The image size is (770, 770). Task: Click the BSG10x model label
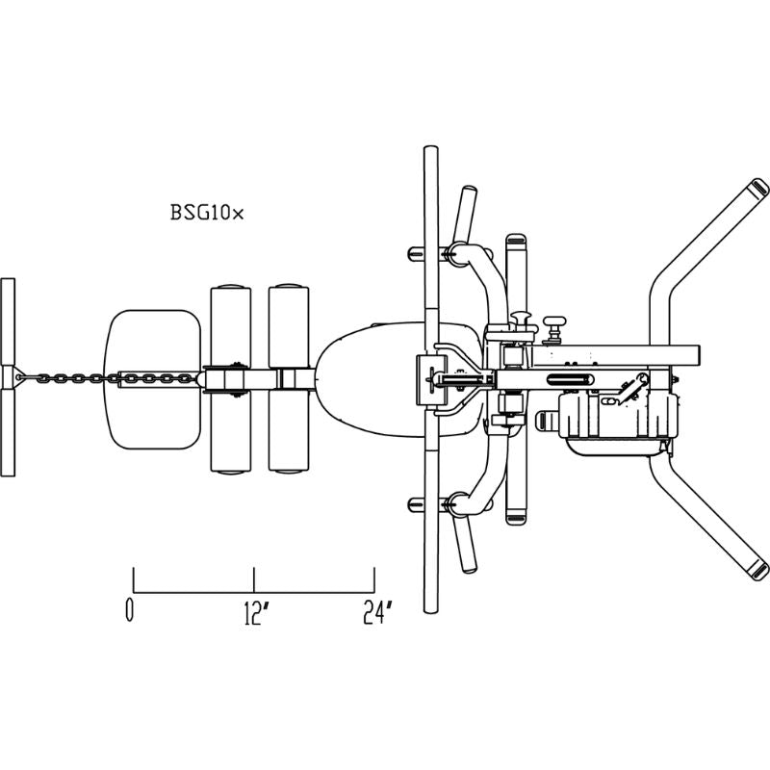click(207, 212)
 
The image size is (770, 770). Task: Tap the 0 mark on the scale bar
click(129, 609)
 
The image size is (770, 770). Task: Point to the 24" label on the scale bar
click(378, 612)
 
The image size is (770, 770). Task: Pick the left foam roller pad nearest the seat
click(231, 379)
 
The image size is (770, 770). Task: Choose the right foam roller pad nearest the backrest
click(289, 378)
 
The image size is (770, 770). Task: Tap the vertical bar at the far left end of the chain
click(8, 377)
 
